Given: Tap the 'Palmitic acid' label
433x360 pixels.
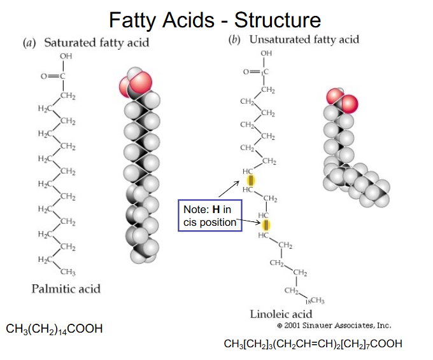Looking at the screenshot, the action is point(66,288).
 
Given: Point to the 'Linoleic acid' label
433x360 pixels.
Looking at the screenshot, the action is point(281,314).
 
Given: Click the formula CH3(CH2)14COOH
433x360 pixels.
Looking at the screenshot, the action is point(54,329).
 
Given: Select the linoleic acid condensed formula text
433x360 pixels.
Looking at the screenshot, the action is point(313,344).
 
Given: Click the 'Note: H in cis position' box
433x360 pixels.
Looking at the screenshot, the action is point(211,216).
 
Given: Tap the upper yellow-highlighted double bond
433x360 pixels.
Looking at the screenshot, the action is point(251,182).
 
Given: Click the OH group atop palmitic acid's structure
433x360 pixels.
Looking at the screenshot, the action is point(66,58).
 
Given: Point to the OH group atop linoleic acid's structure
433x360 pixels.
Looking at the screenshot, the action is point(266,53).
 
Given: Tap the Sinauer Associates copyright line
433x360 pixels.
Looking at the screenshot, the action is point(334,325).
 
